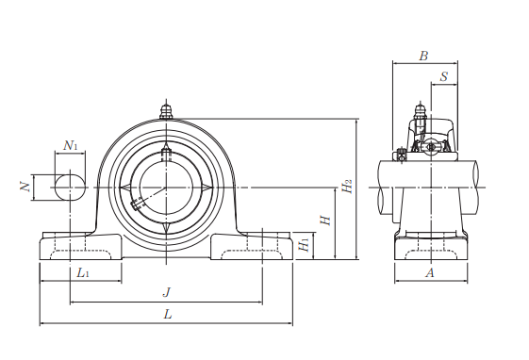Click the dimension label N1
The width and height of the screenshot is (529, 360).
[71, 146]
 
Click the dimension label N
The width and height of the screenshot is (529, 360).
[25, 187]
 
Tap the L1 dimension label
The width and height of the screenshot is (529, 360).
[83, 272]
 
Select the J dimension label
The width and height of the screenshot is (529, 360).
[167, 292]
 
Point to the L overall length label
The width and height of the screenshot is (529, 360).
[168, 315]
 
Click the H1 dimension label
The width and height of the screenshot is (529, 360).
[304, 245]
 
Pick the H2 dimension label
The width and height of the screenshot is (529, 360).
[347, 186]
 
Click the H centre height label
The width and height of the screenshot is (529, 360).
[325, 221]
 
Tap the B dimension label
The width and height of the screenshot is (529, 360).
[423, 56]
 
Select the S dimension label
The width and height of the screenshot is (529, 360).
[444, 77]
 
